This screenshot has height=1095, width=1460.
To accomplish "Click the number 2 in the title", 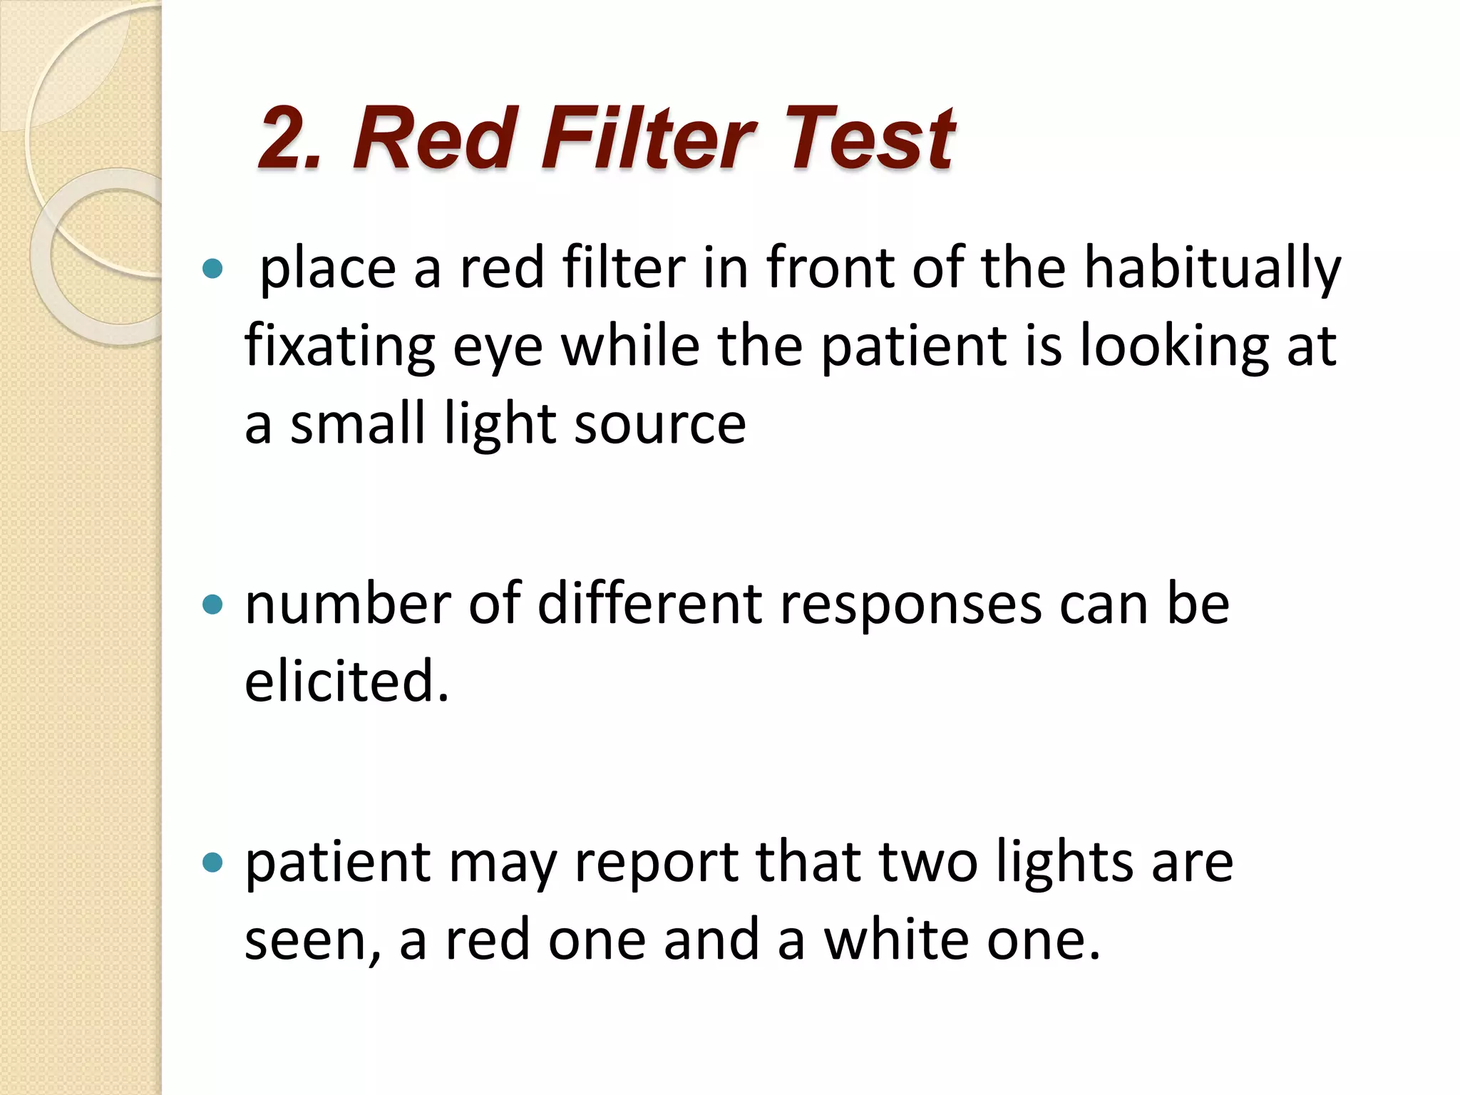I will tap(284, 139).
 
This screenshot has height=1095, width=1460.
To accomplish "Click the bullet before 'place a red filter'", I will tap(212, 269).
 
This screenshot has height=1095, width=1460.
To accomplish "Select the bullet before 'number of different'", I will tap(212, 605).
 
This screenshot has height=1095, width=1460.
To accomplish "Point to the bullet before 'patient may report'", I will tap(212, 863).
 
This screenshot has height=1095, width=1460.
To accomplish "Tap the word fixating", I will tap(339, 347).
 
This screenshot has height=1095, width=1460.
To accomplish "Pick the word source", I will tap(659, 426).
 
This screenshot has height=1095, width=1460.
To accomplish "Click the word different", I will tap(649, 604).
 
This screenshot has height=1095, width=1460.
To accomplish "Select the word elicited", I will tap(346, 682).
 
